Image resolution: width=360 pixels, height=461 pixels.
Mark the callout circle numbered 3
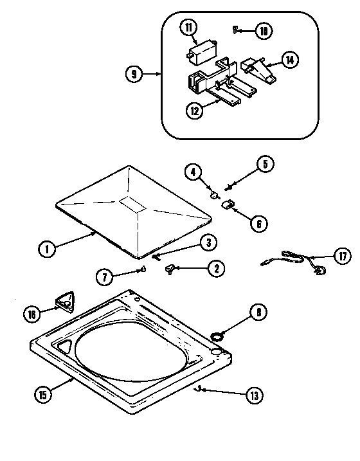(x=208, y=242)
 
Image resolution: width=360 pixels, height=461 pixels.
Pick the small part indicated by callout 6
(x=226, y=204)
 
